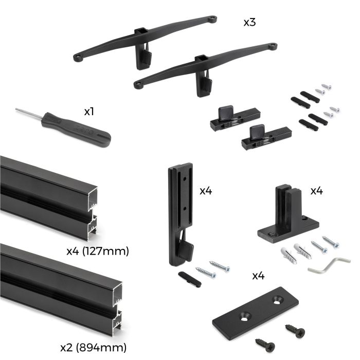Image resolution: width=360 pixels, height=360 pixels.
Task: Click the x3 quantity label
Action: (250, 23)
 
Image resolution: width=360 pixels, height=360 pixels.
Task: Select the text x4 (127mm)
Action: (98, 251)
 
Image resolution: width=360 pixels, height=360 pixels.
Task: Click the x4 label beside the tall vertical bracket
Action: (206, 191)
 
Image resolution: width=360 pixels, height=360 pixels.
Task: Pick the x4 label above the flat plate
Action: (258, 276)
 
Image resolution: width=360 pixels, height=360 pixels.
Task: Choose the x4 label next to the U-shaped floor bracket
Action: (316, 191)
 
